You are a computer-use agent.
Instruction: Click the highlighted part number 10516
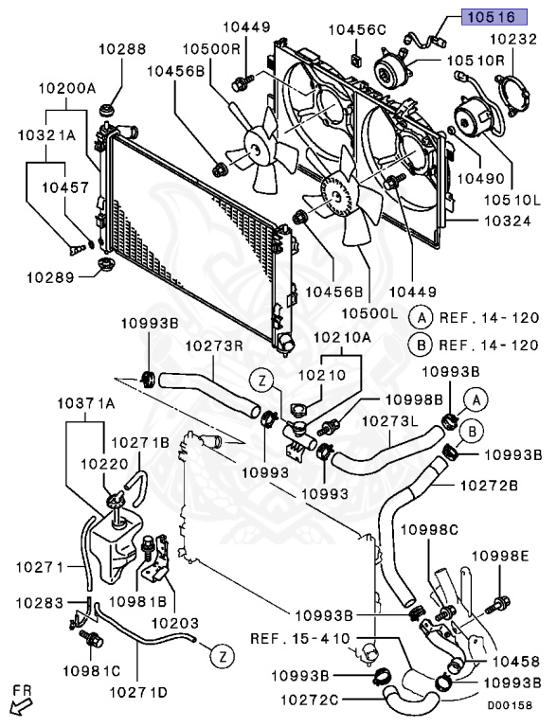pos(494,17)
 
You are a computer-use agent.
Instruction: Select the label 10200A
pos(66,88)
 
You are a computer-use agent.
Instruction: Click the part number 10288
pos(122,48)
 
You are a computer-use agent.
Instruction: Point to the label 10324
pos(508,221)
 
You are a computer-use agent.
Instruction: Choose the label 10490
pos(481,178)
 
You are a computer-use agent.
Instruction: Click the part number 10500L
pos(370,313)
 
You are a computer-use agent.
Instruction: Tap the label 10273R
pos(215,346)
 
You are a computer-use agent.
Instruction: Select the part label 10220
pos(104,464)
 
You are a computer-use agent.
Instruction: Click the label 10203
pos(175,623)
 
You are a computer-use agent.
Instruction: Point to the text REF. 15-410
pos(300,638)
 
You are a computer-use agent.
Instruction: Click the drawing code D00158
pos(510,705)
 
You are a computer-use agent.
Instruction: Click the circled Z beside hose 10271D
pos(223,657)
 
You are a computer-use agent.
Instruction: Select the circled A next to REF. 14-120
pos(422,318)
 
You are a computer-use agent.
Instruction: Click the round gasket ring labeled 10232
pos(512,97)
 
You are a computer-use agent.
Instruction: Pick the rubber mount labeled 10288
pos(108,113)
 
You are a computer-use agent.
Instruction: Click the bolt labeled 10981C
pos(92,639)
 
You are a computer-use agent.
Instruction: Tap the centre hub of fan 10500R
pos(255,149)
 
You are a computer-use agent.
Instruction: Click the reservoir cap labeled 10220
pos(116,501)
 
